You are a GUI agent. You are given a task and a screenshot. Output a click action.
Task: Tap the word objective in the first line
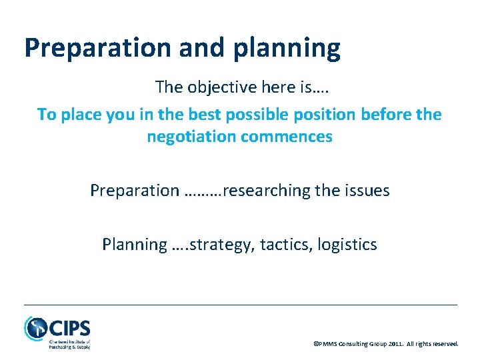click(215, 87)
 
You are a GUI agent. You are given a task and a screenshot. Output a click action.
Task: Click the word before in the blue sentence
click(387, 115)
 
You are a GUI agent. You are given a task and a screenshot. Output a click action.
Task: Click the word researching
click(267, 191)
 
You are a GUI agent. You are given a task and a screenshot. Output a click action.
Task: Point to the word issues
click(366, 191)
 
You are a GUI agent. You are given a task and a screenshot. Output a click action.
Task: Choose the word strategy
click(223, 245)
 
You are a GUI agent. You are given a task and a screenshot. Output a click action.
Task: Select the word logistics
click(347, 245)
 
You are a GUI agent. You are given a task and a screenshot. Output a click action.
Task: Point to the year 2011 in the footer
click(393, 344)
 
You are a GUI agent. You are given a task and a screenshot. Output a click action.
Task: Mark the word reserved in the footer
click(445, 344)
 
